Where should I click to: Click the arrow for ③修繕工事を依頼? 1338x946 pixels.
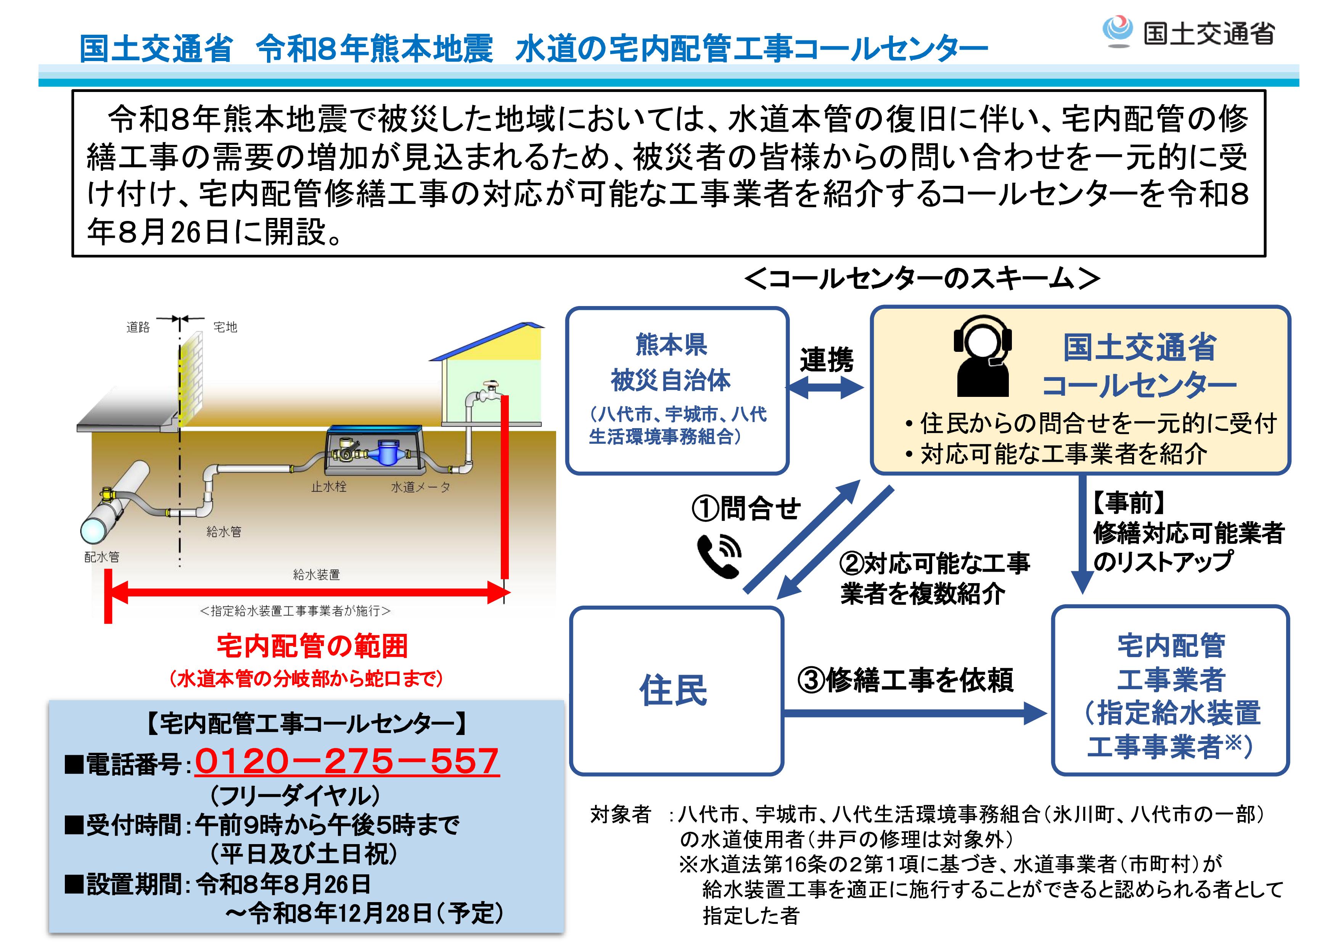point(915,713)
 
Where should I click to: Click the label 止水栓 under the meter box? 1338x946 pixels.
point(329,487)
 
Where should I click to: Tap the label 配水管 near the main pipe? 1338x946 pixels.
point(102,557)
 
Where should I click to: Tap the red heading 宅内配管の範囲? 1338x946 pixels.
point(312,646)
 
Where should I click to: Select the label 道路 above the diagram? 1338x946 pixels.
point(138,327)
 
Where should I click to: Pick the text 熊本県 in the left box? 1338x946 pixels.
point(671,345)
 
